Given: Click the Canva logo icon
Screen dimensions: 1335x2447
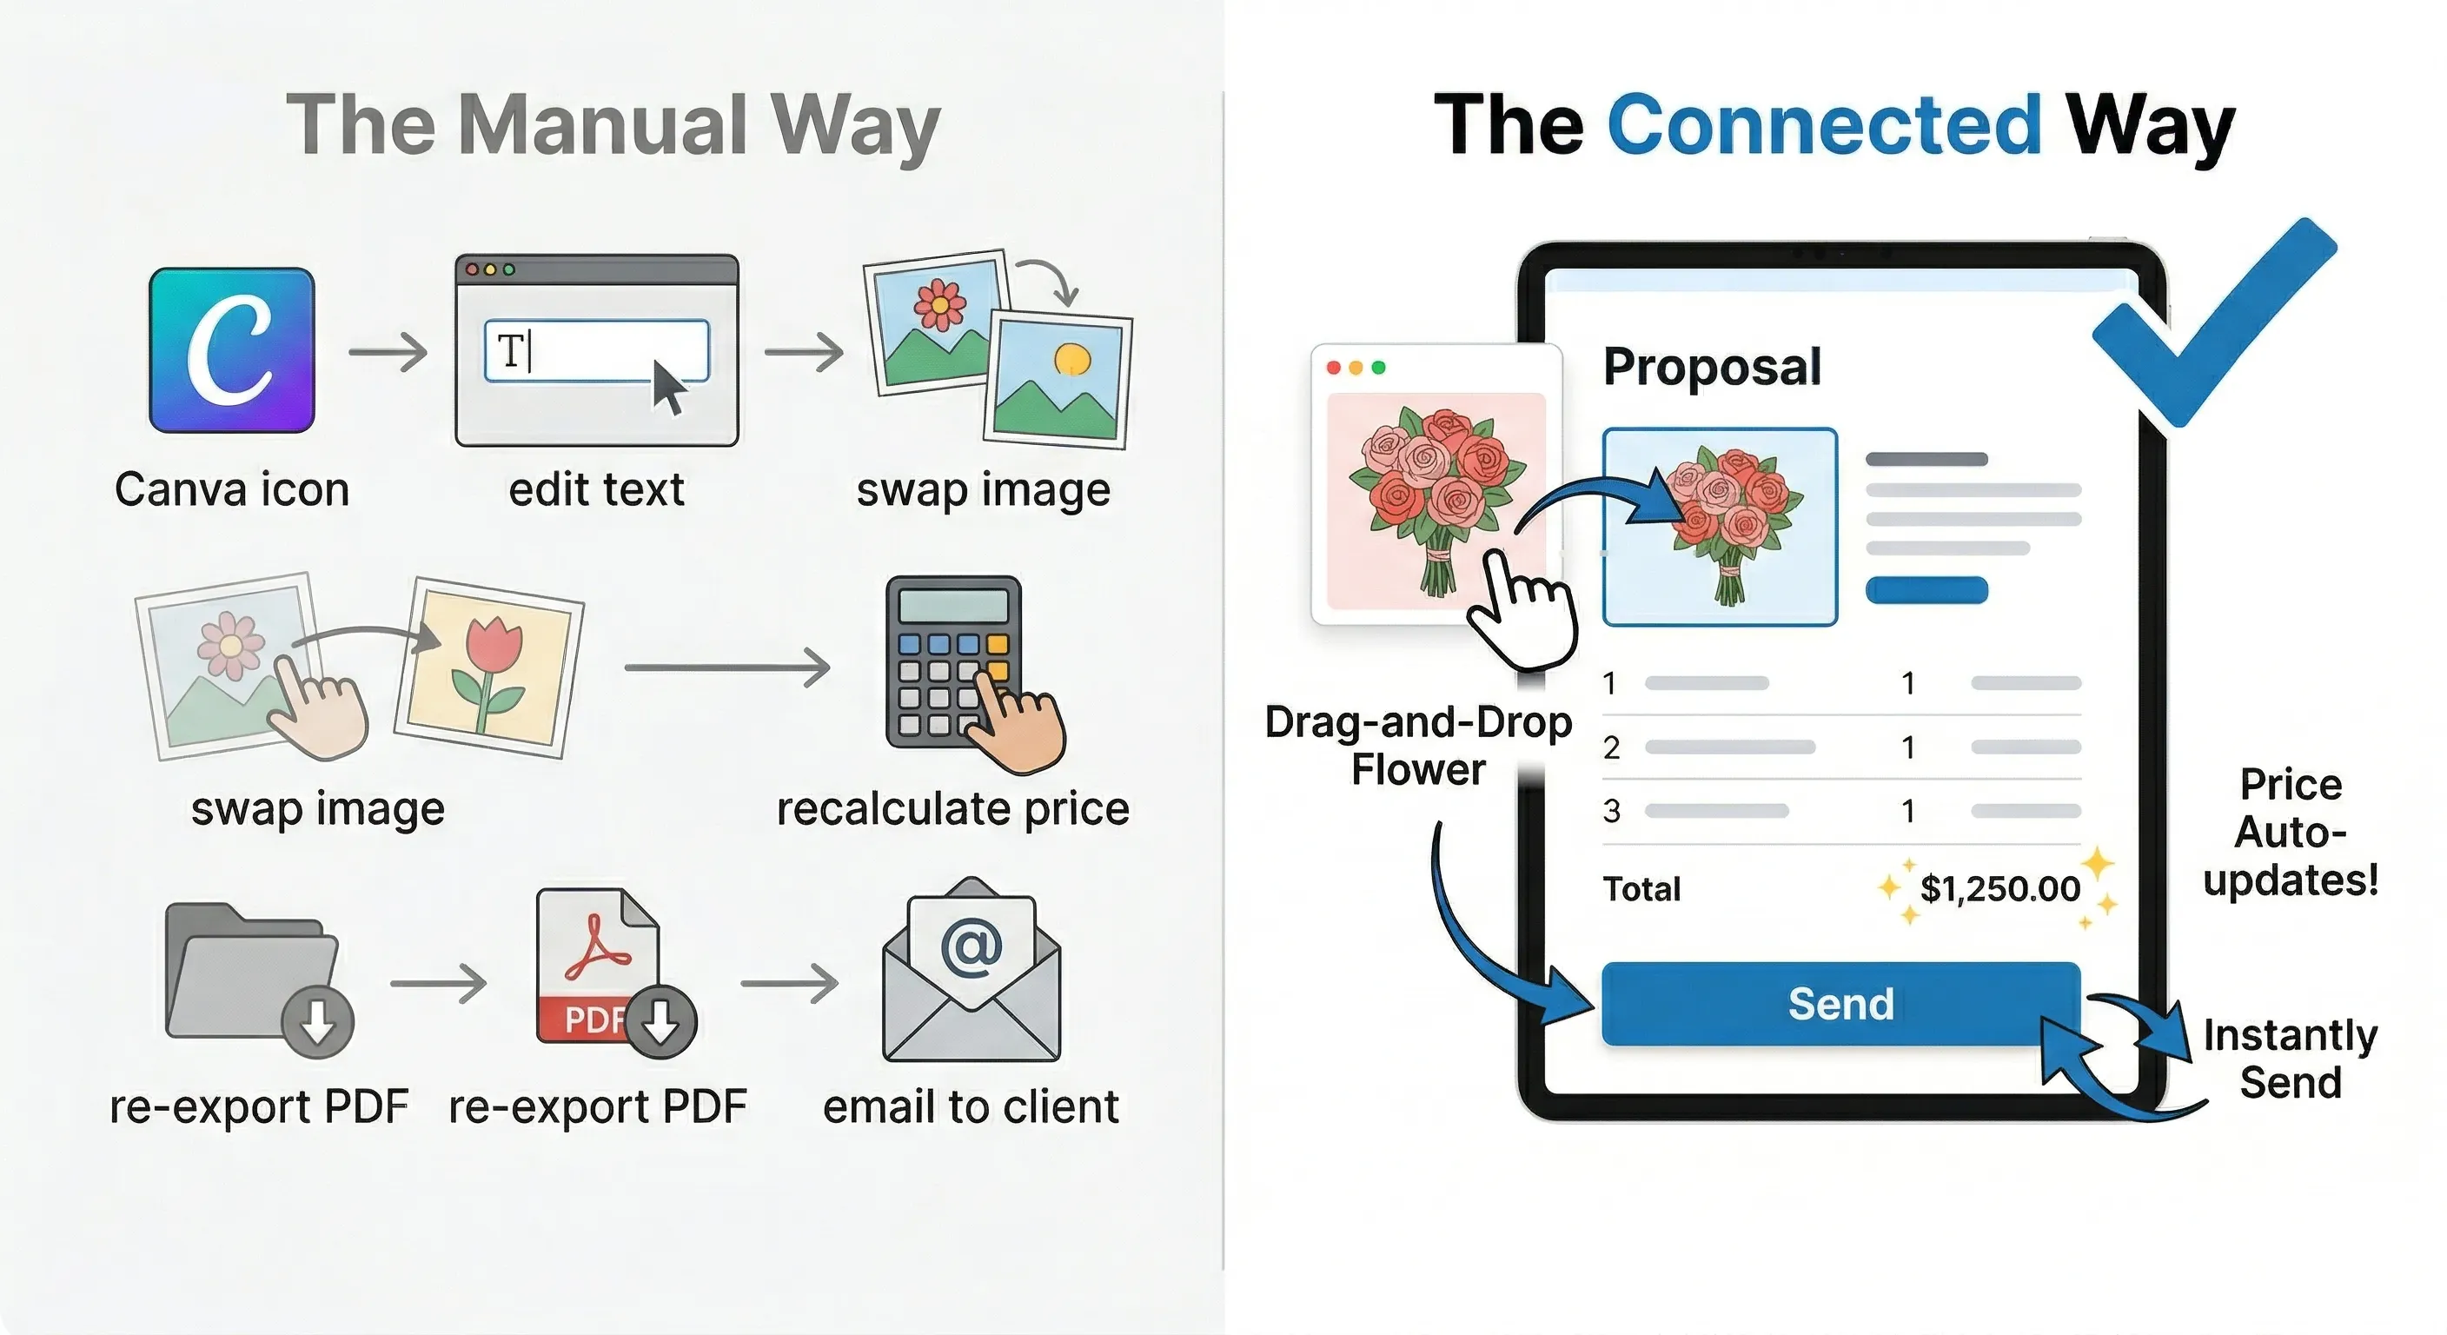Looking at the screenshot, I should click(232, 349).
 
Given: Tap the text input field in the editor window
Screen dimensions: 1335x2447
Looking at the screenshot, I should click(597, 350).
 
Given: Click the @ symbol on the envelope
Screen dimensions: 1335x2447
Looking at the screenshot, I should click(971, 946).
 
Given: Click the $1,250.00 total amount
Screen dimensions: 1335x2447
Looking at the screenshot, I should click(1999, 889).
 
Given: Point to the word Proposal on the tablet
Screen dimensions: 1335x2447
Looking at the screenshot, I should click(1712, 367).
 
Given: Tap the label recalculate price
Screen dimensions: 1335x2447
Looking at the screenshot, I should click(952, 809).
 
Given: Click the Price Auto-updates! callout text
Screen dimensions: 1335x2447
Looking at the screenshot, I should click(2291, 833).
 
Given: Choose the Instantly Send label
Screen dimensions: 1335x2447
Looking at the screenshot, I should click(2290, 1059).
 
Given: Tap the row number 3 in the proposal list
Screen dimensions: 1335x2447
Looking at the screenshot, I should click(1612, 811).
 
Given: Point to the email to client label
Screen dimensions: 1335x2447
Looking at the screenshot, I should click(970, 1107).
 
